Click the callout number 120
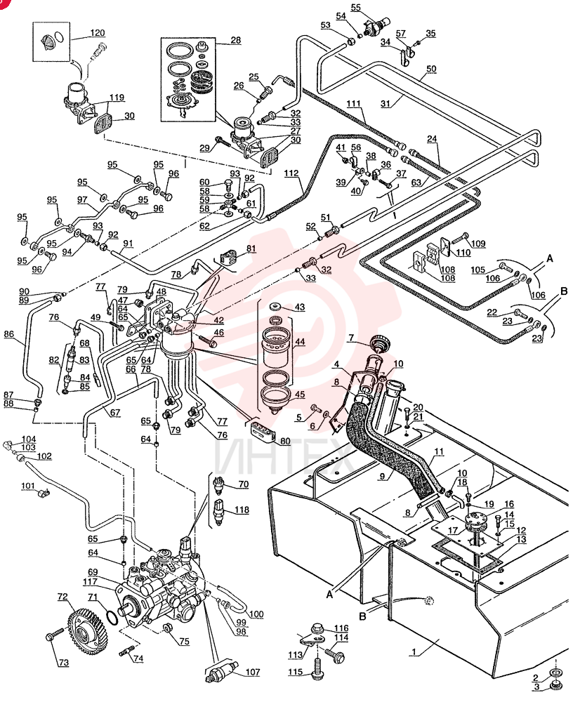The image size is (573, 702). click(97, 33)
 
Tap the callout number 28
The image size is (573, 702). click(236, 40)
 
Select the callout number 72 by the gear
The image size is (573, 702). click(62, 597)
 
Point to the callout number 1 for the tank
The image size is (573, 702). click(414, 652)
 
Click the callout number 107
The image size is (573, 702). click(253, 672)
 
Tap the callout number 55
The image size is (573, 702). click(355, 7)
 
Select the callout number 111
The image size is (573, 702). click(353, 104)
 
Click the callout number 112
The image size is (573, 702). click(291, 173)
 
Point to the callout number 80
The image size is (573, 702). click(285, 441)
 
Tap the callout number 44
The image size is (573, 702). click(300, 342)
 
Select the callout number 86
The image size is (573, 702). click(8, 333)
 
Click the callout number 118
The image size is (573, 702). click(242, 510)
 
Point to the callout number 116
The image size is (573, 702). click(341, 628)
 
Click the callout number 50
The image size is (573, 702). click(431, 69)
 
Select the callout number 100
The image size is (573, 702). click(256, 614)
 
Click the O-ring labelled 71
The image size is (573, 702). click(112, 618)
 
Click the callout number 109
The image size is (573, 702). click(478, 244)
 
